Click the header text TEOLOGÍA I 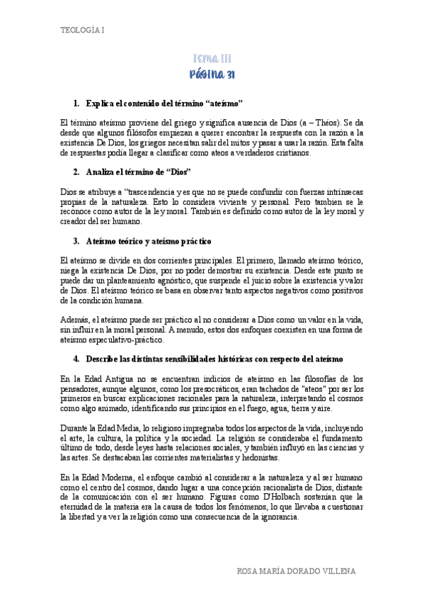tap(81, 30)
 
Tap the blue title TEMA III tap(212, 59)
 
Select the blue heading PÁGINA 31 tap(212, 74)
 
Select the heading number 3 tap(76, 241)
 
